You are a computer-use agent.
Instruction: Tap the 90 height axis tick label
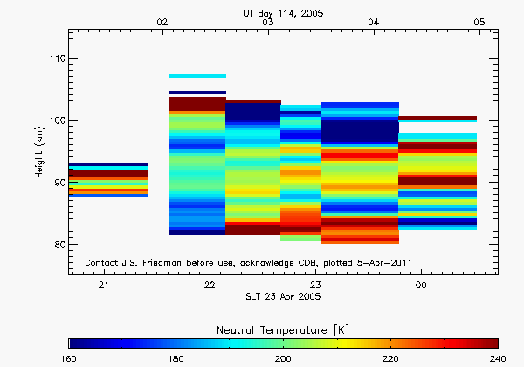click(56, 183)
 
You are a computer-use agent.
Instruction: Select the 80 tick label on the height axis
click(56, 245)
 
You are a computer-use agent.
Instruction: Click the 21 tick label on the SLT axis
click(103, 286)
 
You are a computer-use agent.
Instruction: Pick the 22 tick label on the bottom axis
click(210, 286)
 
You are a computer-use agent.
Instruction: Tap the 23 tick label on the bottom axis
click(315, 286)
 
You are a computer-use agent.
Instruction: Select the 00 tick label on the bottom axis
click(421, 286)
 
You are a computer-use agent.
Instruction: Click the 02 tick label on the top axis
click(162, 22)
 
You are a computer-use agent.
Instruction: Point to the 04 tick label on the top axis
click(374, 22)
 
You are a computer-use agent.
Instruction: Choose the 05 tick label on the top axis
click(479, 22)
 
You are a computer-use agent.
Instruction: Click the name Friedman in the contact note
click(172, 262)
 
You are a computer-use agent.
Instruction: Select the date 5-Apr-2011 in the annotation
click(377, 262)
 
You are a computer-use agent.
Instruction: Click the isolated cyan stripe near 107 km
click(196, 76)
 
